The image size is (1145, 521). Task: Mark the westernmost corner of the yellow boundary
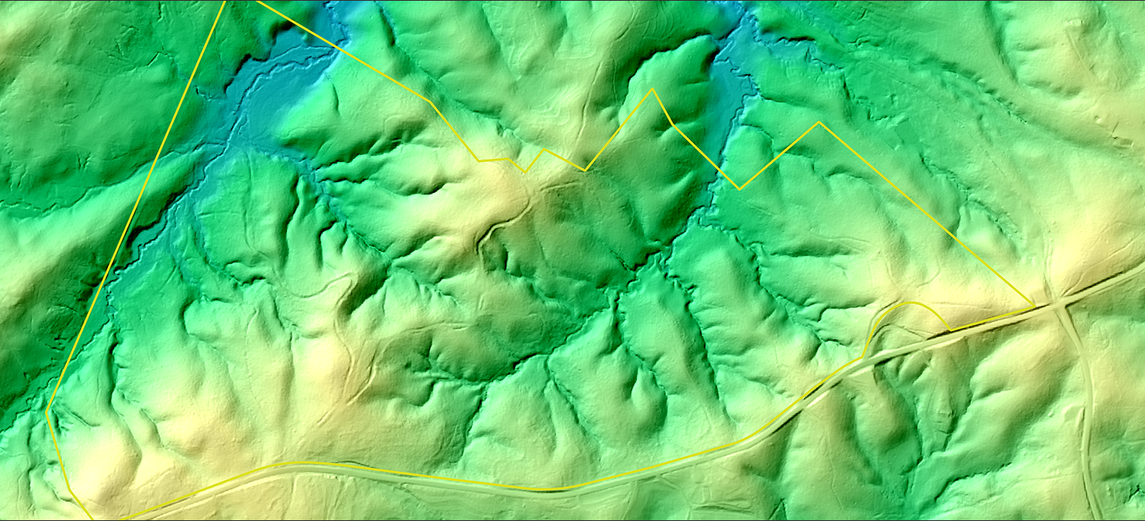48,410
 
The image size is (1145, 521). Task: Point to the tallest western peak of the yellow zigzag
653,89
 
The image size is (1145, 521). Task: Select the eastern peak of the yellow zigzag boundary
819,122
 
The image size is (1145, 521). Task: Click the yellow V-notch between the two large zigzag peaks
739,189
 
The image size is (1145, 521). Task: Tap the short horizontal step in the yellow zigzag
493,160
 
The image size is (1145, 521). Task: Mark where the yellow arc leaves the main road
864,357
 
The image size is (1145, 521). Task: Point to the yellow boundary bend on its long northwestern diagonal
430,101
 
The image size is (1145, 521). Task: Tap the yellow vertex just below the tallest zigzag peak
673,124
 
